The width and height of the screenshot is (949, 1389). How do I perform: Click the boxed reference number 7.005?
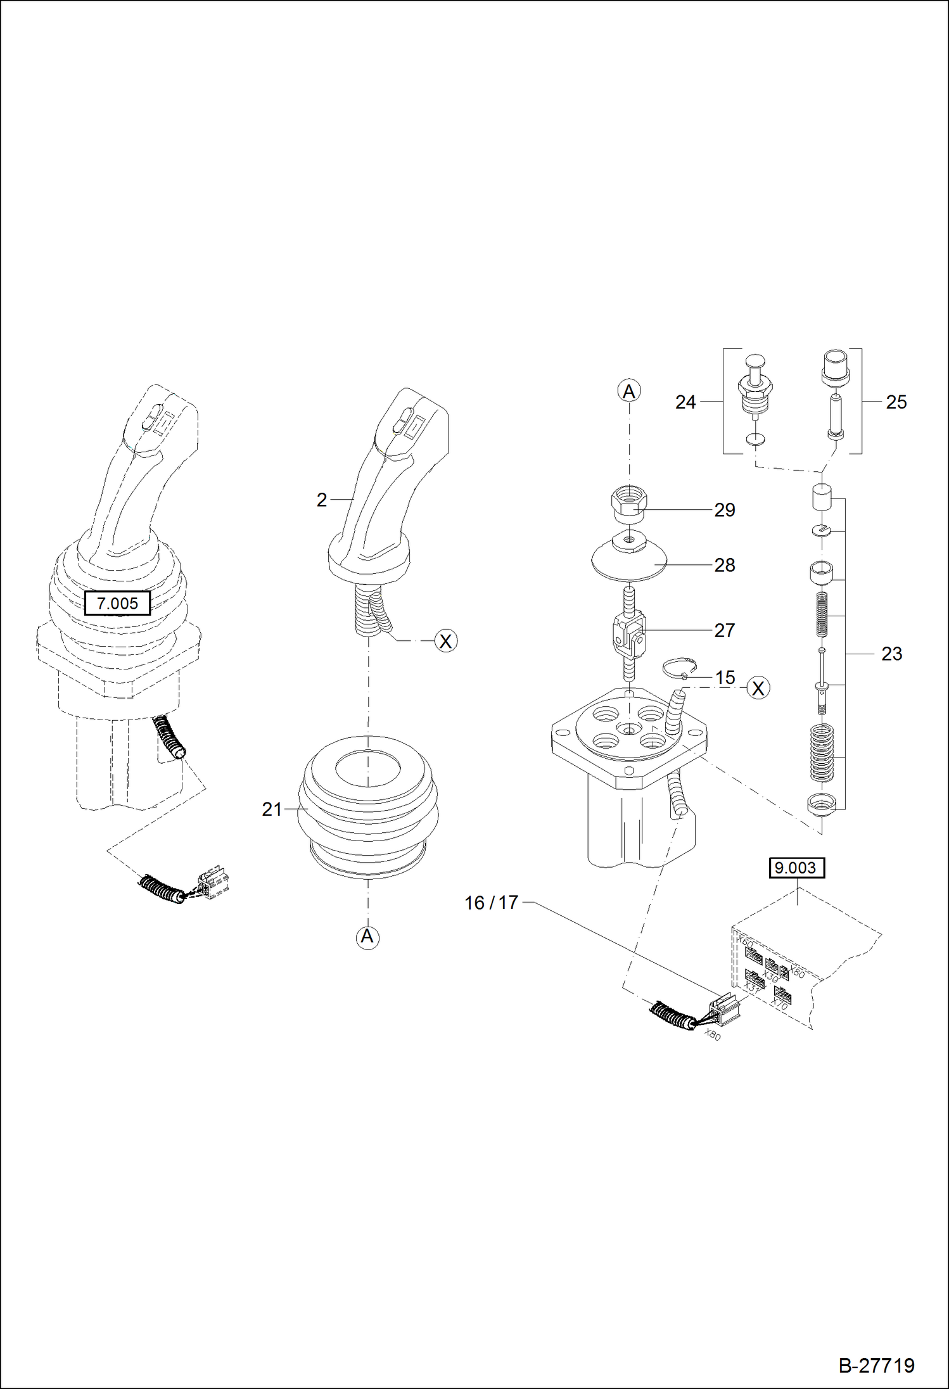click(x=117, y=603)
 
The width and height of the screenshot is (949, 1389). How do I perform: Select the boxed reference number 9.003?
click(x=796, y=867)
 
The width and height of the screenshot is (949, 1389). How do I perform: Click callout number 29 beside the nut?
click(x=724, y=510)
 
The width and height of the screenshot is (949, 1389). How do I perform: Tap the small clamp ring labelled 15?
click(x=679, y=667)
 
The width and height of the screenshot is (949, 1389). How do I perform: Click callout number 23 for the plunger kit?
click(x=891, y=654)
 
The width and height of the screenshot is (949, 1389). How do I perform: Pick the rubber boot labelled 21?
click(x=367, y=808)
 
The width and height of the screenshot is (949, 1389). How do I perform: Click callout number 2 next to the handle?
click(x=322, y=500)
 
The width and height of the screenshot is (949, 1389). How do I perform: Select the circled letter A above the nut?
click(x=628, y=391)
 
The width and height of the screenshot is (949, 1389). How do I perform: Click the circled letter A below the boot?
click(x=367, y=936)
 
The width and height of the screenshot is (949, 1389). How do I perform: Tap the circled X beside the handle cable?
click(x=446, y=641)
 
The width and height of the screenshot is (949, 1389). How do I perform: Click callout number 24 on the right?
click(x=685, y=402)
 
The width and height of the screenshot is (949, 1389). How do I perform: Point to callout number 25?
click(x=896, y=402)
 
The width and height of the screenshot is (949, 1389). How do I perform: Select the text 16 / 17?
click(x=491, y=903)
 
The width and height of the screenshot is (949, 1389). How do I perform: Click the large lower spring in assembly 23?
click(x=822, y=753)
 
